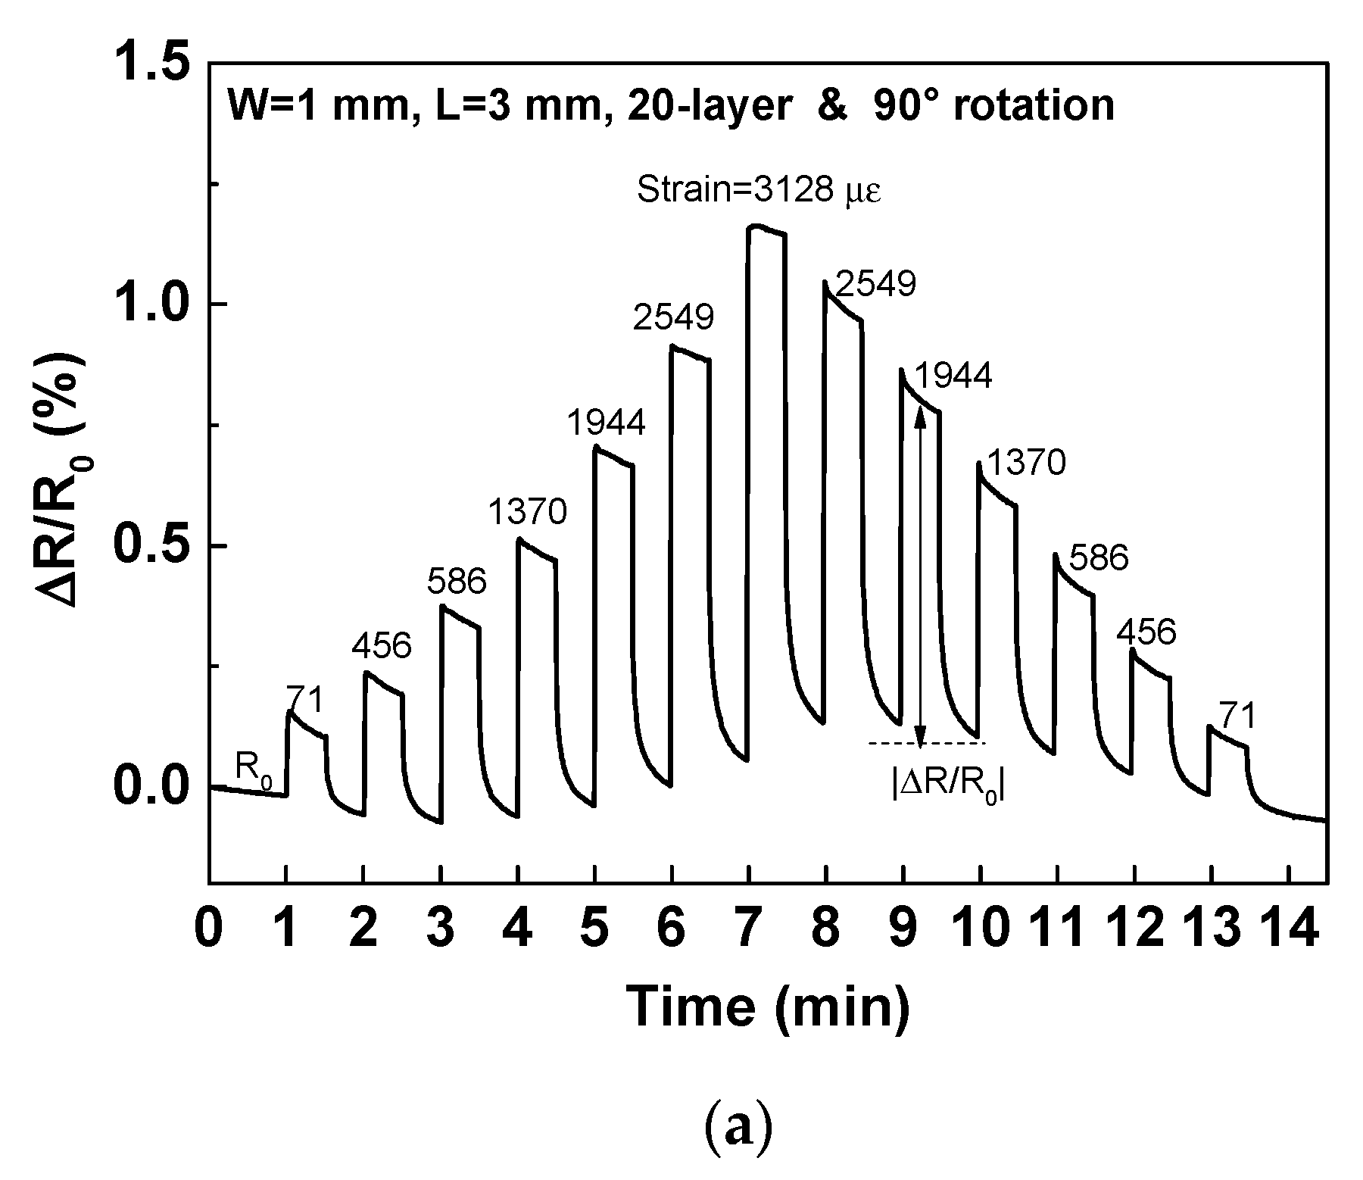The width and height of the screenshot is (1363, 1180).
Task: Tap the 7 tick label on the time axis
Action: pos(749,929)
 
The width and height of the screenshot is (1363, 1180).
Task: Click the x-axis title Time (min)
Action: pos(769,1007)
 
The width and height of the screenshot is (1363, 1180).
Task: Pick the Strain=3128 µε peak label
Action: pos(759,189)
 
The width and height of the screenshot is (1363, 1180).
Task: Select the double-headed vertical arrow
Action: pos(920,576)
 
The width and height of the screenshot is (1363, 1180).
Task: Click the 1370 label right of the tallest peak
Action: pos(1027,463)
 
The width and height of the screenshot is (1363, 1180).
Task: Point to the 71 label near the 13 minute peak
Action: pos(1237,715)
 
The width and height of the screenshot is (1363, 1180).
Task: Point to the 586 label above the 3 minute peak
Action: pos(456,582)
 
